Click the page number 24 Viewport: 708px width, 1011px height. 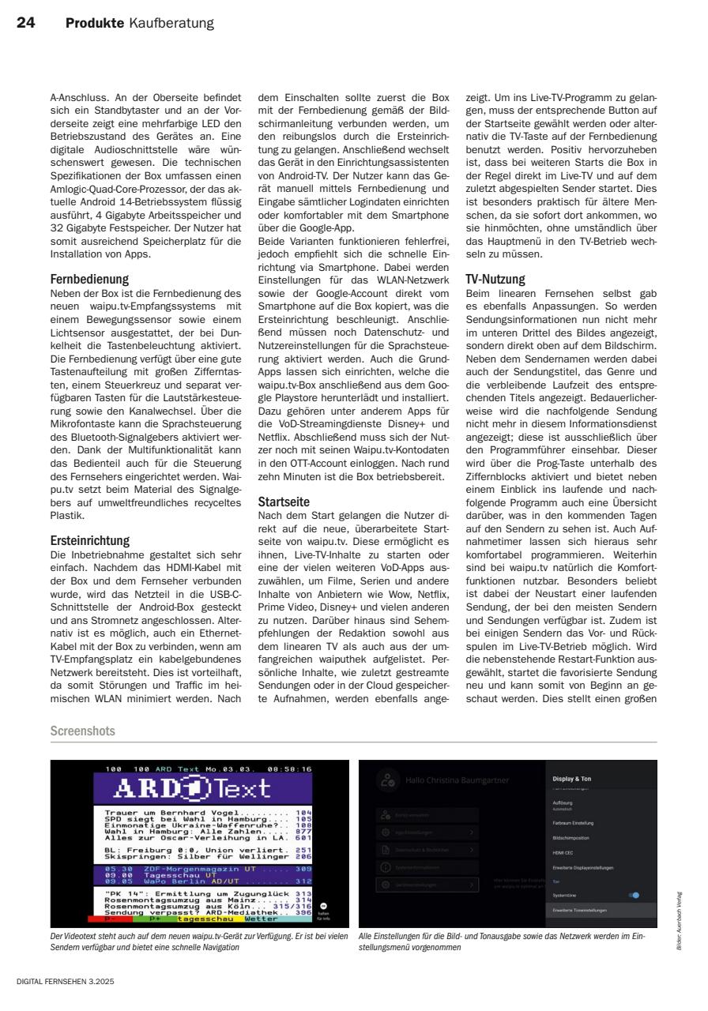tap(28, 24)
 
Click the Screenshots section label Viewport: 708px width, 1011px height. tap(82, 731)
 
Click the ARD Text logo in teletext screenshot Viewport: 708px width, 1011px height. tap(204, 789)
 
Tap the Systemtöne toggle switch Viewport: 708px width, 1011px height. tap(634, 895)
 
